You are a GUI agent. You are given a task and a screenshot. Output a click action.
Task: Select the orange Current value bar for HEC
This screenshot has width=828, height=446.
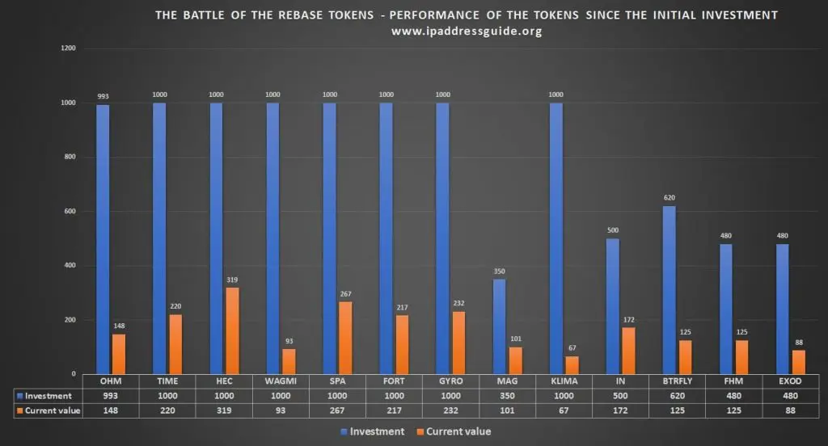(232, 330)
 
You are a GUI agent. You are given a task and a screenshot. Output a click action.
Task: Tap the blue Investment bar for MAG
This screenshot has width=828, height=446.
(499, 326)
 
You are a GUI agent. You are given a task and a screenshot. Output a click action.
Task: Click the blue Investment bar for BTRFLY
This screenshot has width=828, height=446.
(669, 290)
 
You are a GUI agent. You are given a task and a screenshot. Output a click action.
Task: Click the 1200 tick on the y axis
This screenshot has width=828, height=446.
(69, 48)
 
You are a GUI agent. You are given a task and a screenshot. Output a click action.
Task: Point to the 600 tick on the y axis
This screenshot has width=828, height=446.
(70, 212)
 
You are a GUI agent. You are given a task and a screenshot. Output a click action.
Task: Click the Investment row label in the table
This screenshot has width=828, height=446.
(48, 396)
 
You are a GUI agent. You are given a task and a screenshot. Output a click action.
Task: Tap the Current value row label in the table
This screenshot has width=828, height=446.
(53, 410)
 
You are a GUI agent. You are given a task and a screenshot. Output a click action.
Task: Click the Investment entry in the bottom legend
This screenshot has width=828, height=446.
(371, 431)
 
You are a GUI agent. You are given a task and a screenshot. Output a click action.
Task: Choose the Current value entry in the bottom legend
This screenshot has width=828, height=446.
(458, 431)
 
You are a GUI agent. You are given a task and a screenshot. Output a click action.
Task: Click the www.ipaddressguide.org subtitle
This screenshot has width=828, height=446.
(466, 32)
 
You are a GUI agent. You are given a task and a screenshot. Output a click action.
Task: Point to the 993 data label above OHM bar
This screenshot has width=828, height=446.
(103, 97)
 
